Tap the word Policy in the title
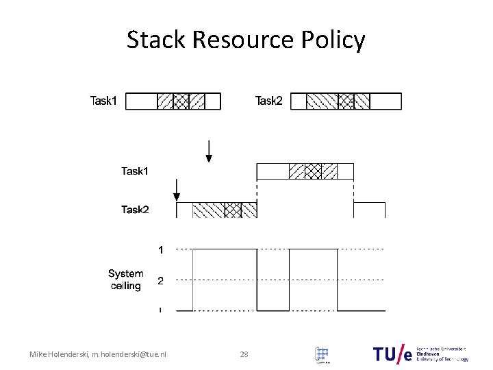coord(336,41)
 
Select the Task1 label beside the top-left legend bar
coord(104,101)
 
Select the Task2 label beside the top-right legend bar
coord(269,101)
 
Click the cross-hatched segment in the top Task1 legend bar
coord(181,101)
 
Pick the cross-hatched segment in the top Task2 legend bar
coord(346,101)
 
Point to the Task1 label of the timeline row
coord(135,171)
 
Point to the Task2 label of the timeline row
coord(135,210)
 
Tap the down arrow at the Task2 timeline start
coord(177,190)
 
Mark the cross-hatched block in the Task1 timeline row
coord(312,171)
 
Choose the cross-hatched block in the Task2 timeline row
coord(233,210)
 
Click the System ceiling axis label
coord(125,280)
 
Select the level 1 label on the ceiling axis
coord(161,251)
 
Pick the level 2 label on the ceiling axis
coord(161,280)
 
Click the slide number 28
coord(244,354)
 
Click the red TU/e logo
coord(394,354)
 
